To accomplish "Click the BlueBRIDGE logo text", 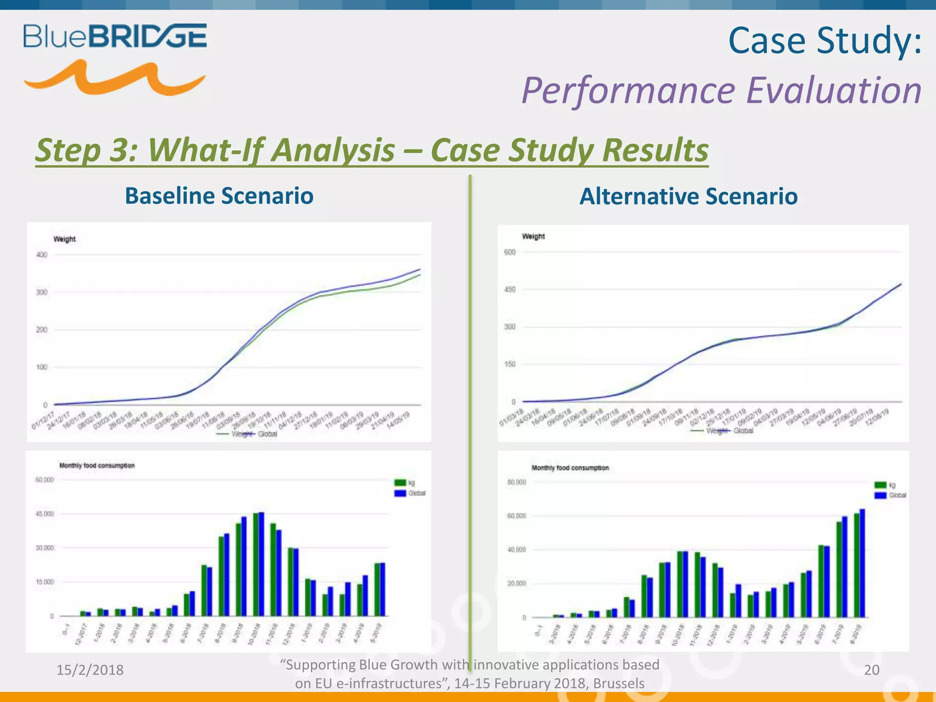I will point(115,36).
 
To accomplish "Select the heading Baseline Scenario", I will point(219,196).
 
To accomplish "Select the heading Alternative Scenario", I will point(688,197).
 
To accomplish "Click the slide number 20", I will point(872,670).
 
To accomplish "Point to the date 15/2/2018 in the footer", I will point(90,670).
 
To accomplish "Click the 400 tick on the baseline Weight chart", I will point(42,255).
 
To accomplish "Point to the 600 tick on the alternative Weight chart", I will point(510,252).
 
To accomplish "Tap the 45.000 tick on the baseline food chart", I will point(45,514).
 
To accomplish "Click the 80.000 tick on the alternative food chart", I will point(516,482).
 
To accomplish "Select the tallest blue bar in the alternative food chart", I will point(862,563).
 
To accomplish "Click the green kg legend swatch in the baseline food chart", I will point(400,483).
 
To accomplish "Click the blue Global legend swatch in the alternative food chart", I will point(880,495).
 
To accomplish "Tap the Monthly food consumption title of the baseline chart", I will point(97,466).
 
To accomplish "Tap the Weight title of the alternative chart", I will point(533,236).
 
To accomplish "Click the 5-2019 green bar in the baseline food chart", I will point(377,590).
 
